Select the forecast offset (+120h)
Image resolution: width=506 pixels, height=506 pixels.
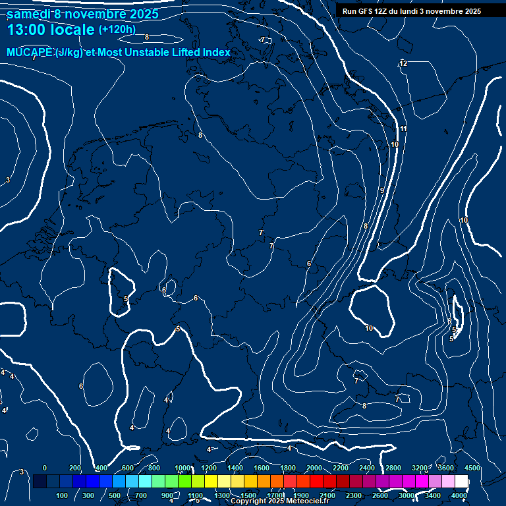pos(117,30)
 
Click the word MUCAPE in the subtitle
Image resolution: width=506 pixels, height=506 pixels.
pos(30,53)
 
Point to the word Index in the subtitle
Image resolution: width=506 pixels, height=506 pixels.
pos(216,53)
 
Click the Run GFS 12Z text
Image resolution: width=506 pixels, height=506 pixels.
pos(366,11)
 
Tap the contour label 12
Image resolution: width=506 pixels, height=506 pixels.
pos(403,63)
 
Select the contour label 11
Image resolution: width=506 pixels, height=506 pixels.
pos(403,128)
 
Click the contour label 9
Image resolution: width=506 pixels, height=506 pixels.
pos(381,190)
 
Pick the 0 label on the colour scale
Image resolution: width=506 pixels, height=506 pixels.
pos(44,468)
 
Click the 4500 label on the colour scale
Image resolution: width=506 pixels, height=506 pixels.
pos(471,468)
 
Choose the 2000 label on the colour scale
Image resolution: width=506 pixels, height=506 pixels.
pos(314,468)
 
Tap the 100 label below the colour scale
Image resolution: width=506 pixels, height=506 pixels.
pos(62,495)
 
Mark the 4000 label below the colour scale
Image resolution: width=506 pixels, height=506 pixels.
pos(459,495)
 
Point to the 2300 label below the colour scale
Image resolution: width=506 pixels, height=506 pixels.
pos(353,495)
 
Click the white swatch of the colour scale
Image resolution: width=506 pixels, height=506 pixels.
pos(461,482)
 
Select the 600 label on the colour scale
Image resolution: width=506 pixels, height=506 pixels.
pos(128,468)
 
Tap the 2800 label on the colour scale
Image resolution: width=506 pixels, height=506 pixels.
pos(393,468)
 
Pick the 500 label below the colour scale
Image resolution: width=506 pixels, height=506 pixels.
pos(115,495)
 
